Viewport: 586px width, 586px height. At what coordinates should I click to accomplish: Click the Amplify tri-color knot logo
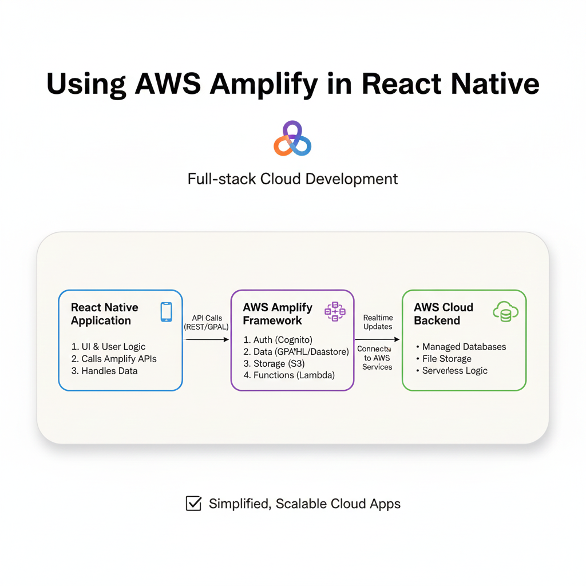pyautogui.click(x=292, y=139)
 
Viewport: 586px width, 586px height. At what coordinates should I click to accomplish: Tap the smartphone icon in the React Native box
pyautogui.click(x=167, y=312)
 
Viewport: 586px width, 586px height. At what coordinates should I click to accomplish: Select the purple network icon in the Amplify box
pyautogui.click(x=335, y=311)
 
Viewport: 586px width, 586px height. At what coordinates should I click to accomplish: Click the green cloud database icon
pyautogui.click(x=505, y=312)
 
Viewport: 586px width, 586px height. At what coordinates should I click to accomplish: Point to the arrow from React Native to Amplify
pyautogui.click(x=207, y=340)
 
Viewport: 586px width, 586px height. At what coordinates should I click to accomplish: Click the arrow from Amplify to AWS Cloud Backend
pyautogui.click(x=377, y=340)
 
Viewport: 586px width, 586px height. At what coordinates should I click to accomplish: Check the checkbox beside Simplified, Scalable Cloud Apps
pyautogui.click(x=194, y=504)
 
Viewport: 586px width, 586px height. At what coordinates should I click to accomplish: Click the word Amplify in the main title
pyautogui.click(x=264, y=84)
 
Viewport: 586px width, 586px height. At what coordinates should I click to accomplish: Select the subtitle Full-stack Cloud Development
pyautogui.click(x=292, y=179)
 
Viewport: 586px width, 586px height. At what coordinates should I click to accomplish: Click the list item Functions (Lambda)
pyautogui.click(x=288, y=376)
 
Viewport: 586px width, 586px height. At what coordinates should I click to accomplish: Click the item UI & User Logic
pyautogui.click(x=108, y=347)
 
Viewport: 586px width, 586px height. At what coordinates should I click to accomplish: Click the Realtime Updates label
pyautogui.click(x=378, y=322)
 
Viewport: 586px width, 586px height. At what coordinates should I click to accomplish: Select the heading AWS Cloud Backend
pyautogui.click(x=444, y=314)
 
